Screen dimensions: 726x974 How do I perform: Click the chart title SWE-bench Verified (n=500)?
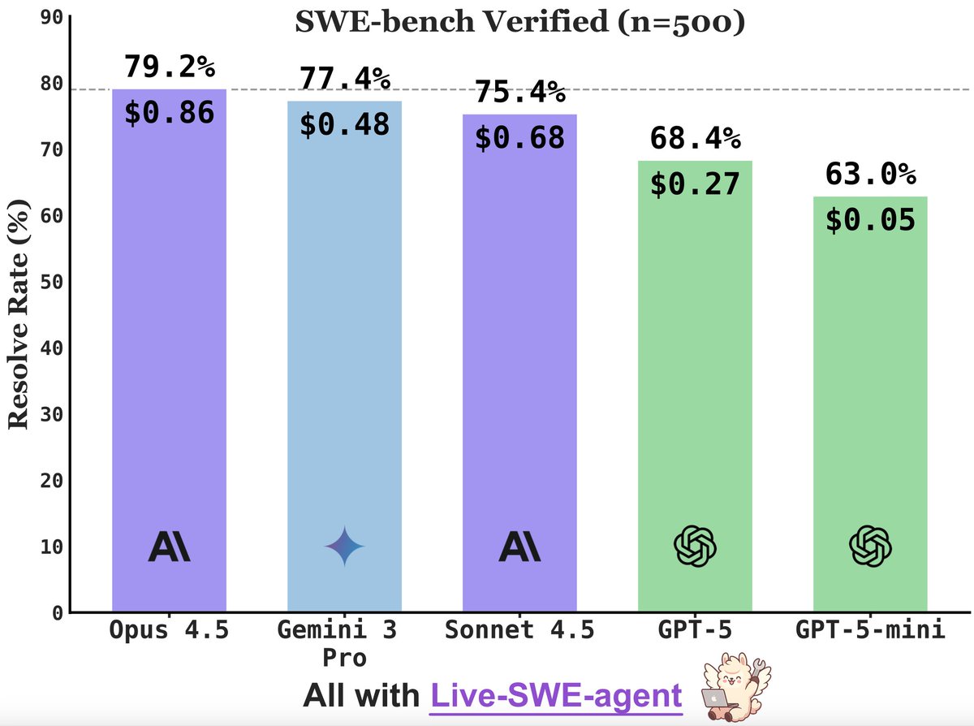coord(519,22)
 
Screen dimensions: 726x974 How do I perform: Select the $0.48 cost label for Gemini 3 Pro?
coord(344,123)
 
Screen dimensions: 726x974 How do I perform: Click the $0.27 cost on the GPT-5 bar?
coord(695,184)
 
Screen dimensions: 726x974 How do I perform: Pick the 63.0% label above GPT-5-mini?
coord(870,175)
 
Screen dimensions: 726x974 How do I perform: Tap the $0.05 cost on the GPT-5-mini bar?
coord(870,220)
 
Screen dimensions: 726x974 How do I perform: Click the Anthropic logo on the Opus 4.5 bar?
coord(169,547)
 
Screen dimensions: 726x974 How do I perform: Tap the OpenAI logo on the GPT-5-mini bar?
coord(870,546)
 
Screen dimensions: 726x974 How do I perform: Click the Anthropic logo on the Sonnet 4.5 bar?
coord(519,547)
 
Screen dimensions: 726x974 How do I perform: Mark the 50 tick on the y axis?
coord(50,282)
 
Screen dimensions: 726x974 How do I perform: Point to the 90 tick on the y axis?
coord(50,16)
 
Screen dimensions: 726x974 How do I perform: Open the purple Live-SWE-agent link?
coord(556,696)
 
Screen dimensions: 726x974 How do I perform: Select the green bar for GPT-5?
coord(695,390)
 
